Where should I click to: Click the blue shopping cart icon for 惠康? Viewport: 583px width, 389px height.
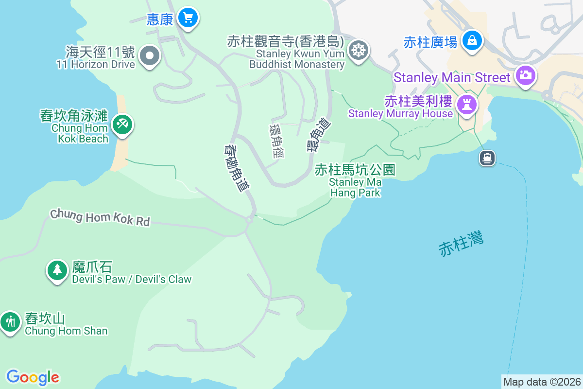(x=188, y=18)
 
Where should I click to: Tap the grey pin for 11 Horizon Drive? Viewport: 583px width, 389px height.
(x=150, y=56)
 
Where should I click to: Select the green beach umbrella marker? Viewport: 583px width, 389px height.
(x=121, y=124)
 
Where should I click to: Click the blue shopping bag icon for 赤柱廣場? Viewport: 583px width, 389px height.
(x=472, y=40)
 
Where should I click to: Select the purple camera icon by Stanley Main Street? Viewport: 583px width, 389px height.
(x=525, y=75)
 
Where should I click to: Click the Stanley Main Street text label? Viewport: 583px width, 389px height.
(x=452, y=77)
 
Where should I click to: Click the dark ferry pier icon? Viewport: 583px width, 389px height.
(x=487, y=158)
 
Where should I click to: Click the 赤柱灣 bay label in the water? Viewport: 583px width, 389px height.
(x=461, y=244)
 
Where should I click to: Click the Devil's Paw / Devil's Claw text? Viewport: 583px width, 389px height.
(x=132, y=279)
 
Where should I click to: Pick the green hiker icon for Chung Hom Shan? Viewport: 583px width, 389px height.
(x=9, y=321)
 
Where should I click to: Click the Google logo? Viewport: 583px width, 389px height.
(x=33, y=377)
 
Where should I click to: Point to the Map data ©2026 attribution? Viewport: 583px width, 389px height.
(x=542, y=382)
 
